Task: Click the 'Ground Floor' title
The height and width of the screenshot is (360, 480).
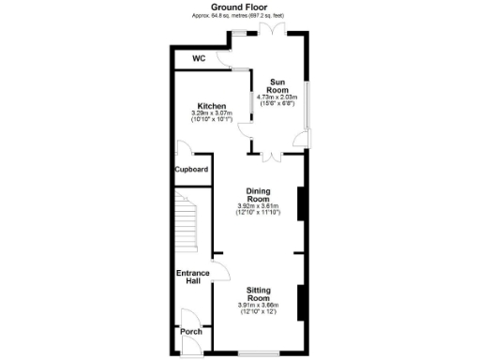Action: pos(239,7)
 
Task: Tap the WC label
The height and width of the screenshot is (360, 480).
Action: pos(199,58)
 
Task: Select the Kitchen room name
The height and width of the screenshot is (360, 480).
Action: pos(209,105)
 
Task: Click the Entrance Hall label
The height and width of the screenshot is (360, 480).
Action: pos(193,277)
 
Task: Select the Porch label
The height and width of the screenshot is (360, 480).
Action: pos(190,332)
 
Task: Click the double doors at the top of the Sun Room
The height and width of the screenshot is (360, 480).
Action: pos(273,31)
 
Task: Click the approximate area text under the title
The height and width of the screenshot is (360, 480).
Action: pos(239,16)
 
